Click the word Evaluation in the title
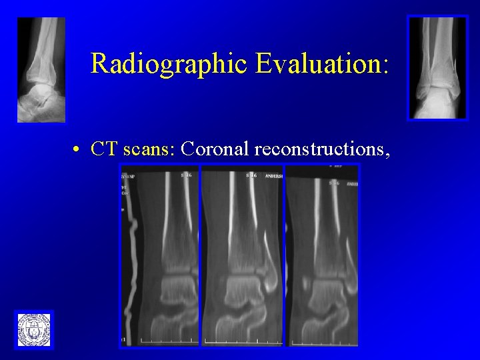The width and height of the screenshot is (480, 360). (x=316, y=63)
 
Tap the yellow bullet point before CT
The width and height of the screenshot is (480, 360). (x=78, y=150)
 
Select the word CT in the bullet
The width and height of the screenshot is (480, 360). (x=103, y=149)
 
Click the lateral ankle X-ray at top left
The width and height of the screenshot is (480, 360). (x=41, y=69)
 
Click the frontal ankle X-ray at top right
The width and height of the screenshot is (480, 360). (x=437, y=67)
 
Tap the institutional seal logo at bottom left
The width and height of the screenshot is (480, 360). (x=34, y=329)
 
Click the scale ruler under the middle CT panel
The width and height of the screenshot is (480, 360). (x=243, y=341)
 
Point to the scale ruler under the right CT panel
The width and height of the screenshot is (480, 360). (x=323, y=341)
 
